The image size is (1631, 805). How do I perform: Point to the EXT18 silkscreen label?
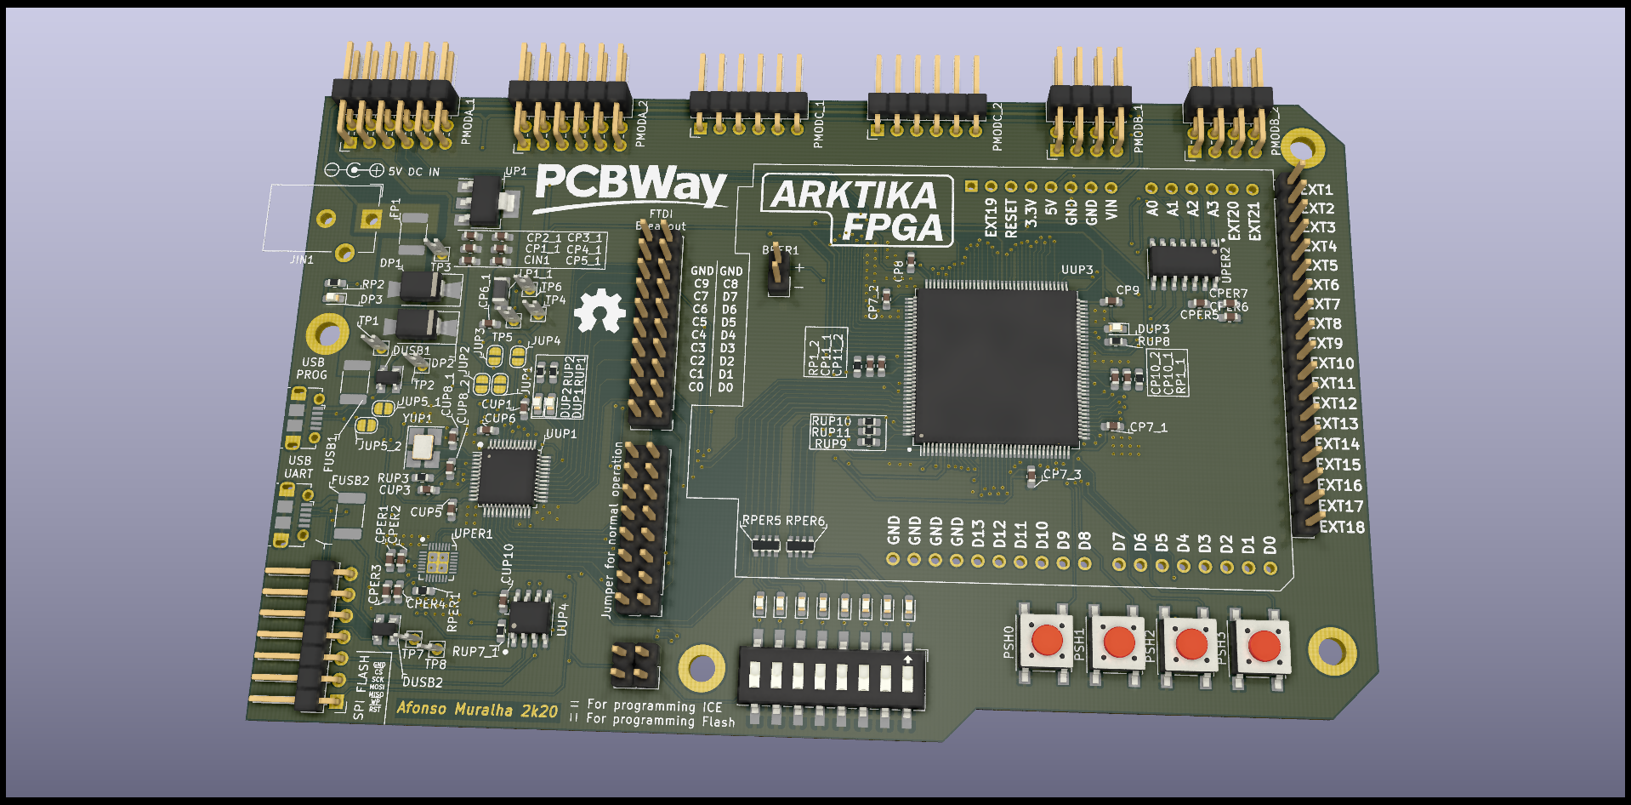1342,528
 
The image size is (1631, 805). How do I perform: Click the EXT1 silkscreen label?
1317,190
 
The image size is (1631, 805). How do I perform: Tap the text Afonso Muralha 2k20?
477,709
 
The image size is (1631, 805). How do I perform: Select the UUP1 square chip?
508,477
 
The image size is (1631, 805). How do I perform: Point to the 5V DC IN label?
414,172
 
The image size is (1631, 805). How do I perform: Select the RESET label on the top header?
1010,218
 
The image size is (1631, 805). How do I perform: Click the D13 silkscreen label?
978,534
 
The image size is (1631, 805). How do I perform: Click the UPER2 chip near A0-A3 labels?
1183,260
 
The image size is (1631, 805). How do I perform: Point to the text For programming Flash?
661,721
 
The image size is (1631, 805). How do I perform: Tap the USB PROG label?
311,368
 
